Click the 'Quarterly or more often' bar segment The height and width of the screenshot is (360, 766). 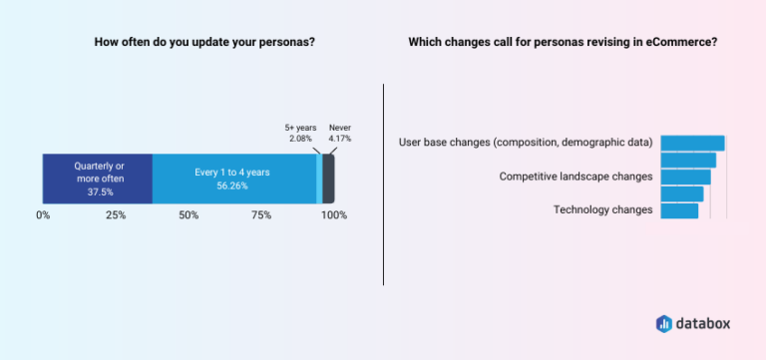[97, 180]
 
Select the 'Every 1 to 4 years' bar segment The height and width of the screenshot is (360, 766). [233, 180]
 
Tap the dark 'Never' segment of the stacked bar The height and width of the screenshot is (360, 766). [328, 180]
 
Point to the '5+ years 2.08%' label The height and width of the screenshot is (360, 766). [300, 134]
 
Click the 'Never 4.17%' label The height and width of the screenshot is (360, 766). [340, 134]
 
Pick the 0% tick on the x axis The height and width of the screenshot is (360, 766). [43, 215]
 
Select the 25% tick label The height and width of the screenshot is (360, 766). [116, 215]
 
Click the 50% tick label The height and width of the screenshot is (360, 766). [189, 215]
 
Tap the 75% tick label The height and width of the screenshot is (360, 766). [261, 215]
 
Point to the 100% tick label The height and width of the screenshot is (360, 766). [333, 215]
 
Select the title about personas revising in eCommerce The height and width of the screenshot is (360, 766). [563, 42]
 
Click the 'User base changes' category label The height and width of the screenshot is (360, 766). [526, 143]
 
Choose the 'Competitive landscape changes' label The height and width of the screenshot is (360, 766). [576, 177]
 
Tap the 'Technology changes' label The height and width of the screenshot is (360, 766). [602, 210]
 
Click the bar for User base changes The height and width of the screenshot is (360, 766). [692, 143]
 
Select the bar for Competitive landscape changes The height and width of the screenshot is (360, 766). [685, 177]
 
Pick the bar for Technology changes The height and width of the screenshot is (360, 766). [679, 210]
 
